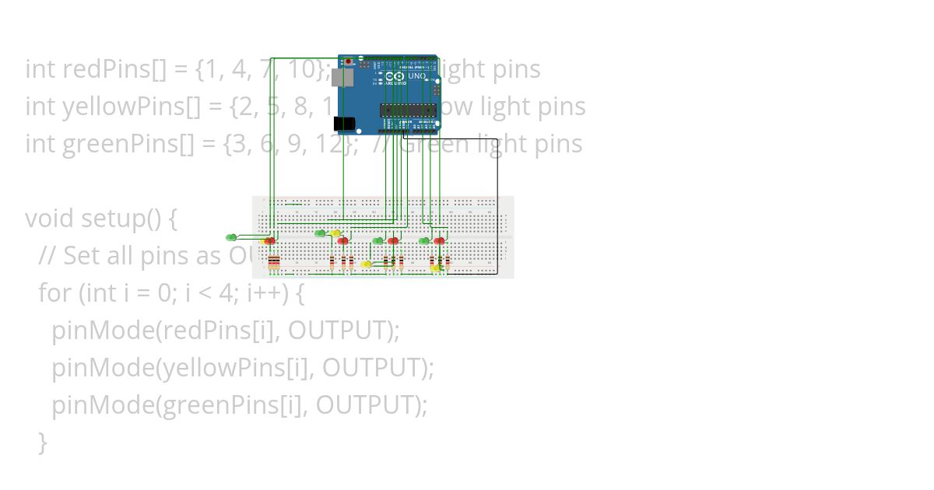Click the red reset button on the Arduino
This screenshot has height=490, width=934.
coord(348,61)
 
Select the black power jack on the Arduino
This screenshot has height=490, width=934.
coord(342,123)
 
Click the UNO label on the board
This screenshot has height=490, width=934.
coord(417,76)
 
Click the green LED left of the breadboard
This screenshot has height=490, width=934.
coord(231,237)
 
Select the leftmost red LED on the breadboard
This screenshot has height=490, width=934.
coord(270,241)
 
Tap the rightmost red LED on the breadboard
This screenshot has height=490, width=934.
coord(440,241)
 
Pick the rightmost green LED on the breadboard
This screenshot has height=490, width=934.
coord(424,241)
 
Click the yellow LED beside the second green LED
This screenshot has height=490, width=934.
coord(335,233)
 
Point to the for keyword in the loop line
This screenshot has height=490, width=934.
coord(54,293)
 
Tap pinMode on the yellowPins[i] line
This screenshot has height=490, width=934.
coord(104,368)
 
